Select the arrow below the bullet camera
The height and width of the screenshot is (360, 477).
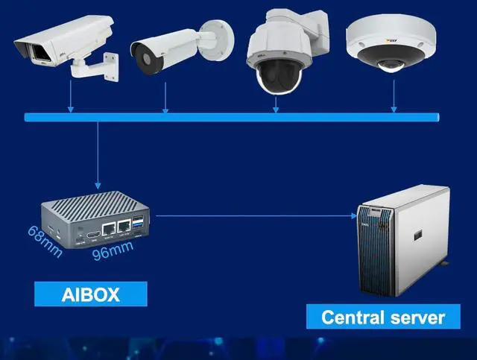[x=165, y=97]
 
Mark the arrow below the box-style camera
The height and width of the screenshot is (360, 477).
[x=71, y=97]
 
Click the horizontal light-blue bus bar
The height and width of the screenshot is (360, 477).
[x=232, y=117]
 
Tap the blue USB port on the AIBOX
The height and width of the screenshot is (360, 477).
[x=138, y=224]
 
